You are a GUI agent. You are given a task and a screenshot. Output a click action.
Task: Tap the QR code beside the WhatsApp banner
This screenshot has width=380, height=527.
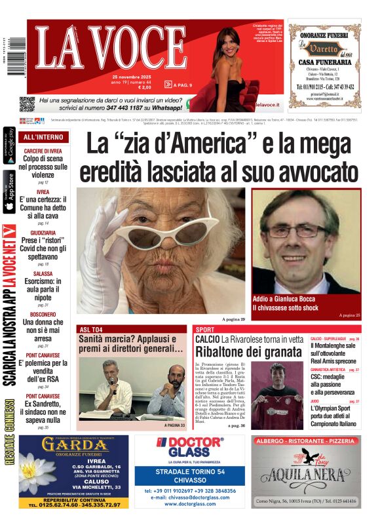point(26,104)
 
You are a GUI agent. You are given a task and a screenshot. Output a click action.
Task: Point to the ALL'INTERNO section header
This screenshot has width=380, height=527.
point(43,138)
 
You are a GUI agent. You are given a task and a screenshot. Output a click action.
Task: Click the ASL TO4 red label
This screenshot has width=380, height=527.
point(91,329)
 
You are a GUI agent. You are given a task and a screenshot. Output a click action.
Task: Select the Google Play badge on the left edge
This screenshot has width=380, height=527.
point(9,146)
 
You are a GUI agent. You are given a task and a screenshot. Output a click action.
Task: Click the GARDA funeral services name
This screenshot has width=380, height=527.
point(74,445)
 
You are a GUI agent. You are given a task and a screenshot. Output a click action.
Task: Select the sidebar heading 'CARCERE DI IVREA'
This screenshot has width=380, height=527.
point(43,151)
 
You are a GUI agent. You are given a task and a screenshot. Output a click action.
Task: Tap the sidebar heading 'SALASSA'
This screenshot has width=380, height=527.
point(43,273)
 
